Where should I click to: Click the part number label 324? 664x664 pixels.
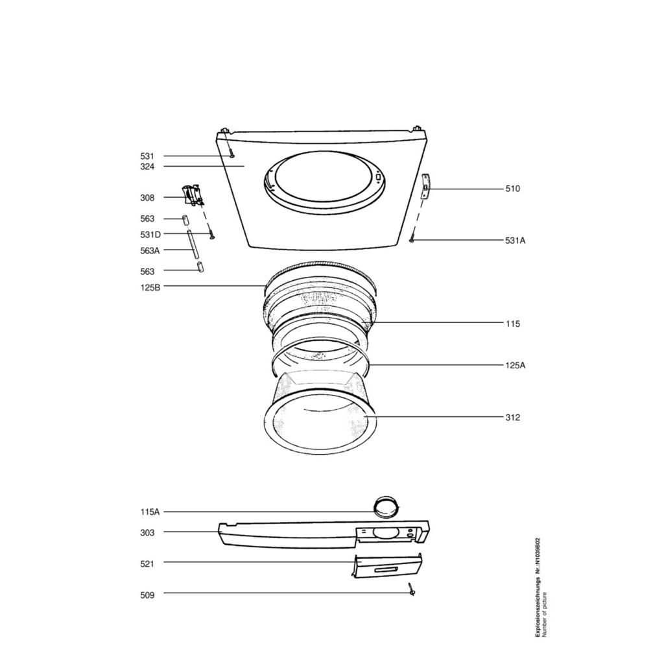147,167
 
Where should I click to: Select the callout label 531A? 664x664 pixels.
515,241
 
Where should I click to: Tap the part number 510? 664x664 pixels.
512,189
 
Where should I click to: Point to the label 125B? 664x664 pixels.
150,287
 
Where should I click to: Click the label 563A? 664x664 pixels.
150,250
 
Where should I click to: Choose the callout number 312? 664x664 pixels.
512,418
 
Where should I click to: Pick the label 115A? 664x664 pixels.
150,512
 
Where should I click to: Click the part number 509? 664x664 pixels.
147,595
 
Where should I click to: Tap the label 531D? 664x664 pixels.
150,235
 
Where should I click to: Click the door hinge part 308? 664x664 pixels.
192,195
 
